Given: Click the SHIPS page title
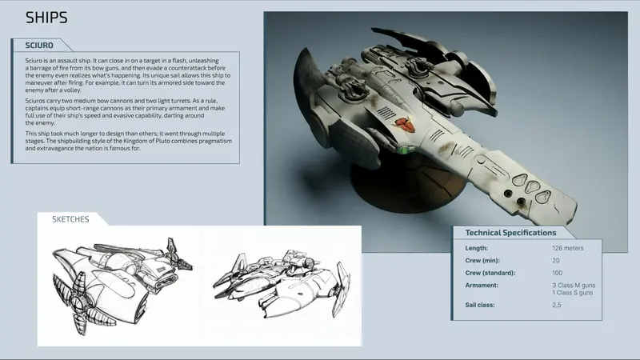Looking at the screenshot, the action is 46,18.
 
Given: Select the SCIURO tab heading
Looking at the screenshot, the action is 39,46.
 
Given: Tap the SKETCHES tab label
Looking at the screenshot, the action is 70,219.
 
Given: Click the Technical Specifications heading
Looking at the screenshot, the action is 510,233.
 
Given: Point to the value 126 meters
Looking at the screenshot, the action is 568,248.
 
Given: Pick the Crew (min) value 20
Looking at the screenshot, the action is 556,261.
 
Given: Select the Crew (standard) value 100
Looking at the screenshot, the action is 557,273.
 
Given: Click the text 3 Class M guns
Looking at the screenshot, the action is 574,285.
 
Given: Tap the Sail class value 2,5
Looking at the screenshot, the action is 557,305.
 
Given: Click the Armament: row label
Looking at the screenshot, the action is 482,286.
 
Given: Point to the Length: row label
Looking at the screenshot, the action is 476,248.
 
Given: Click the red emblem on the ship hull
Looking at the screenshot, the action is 404,125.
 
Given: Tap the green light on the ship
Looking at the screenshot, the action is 404,150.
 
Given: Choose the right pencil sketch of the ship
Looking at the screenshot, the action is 282,285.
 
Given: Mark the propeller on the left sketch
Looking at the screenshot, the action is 78,303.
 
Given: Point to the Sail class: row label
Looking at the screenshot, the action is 480,305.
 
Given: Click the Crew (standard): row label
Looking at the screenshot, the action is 490,273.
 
